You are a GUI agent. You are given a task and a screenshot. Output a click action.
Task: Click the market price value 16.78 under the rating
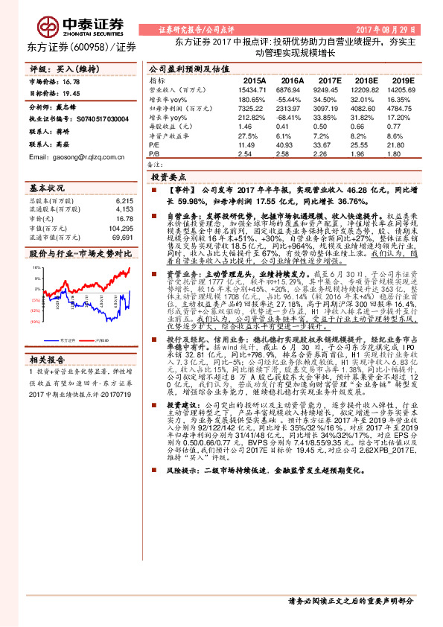72,80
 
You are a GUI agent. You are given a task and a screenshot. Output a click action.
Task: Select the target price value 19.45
72,95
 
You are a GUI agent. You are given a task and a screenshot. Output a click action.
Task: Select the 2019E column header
402,80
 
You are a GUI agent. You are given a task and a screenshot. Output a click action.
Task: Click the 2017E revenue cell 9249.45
328,89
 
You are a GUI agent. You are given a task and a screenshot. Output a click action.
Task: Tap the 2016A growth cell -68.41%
291,117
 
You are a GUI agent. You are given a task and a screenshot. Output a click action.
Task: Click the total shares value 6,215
123,200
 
